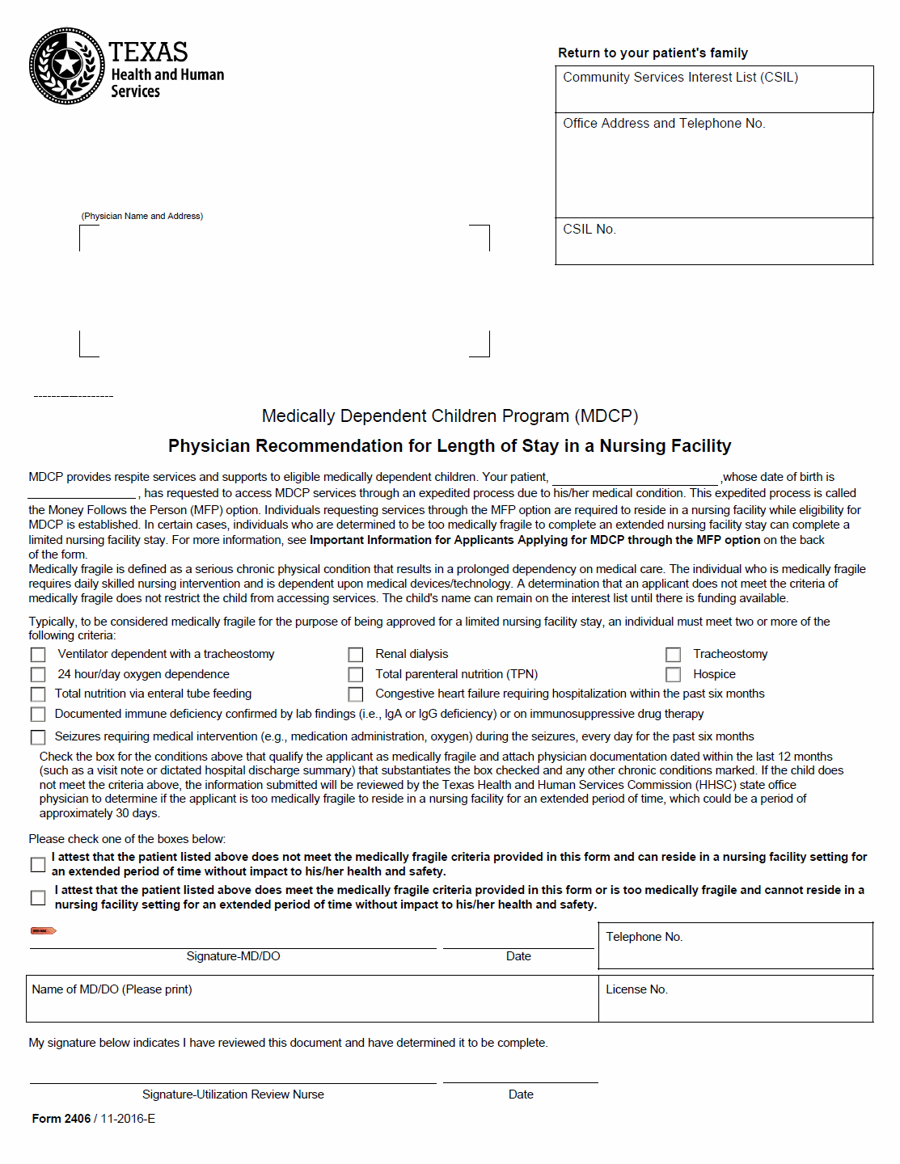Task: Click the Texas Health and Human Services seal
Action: click(x=66, y=66)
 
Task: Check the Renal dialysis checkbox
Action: click(x=356, y=654)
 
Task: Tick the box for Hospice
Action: click(x=674, y=674)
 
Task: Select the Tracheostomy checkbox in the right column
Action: click(x=674, y=654)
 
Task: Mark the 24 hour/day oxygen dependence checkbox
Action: click(x=38, y=674)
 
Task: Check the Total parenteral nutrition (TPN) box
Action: click(x=356, y=674)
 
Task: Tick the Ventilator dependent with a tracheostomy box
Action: click(x=38, y=654)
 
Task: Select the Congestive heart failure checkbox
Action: click(x=356, y=694)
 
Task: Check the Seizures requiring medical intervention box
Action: click(x=38, y=737)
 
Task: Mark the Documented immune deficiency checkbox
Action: click(x=38, y=715)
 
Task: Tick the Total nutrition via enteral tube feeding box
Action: click(x=38, y=694)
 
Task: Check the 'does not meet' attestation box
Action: click(x=38, y=865)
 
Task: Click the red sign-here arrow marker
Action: click(x=43, y=931)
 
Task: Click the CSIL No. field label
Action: click(x=589, y=230)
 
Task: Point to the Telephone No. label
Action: click(x=644, y=937)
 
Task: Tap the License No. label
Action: click(x=637, y=989)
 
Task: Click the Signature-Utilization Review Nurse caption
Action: click(x=233, y=1094)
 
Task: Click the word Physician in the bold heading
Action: click(x=209, y=446)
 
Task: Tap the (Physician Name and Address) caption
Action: click(x=142, y=216)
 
